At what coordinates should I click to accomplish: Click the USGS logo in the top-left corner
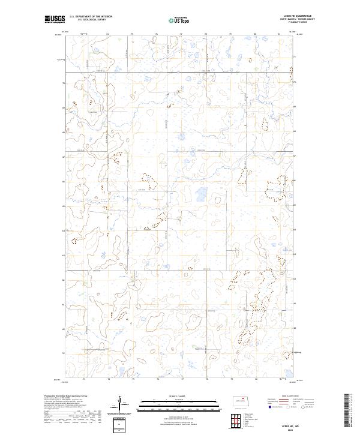tap(55, 20)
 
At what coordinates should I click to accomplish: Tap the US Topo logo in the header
tap(181, 20)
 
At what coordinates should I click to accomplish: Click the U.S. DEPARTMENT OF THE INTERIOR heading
tap(91, 17)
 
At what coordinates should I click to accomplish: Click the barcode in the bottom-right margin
tap(350, 408)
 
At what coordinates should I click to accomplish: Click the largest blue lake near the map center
tap(200, 194)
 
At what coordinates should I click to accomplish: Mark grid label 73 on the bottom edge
tap(84, 379)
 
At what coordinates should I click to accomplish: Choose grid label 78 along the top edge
tap(206, 34)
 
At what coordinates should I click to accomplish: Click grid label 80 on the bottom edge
tap(256, 379)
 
